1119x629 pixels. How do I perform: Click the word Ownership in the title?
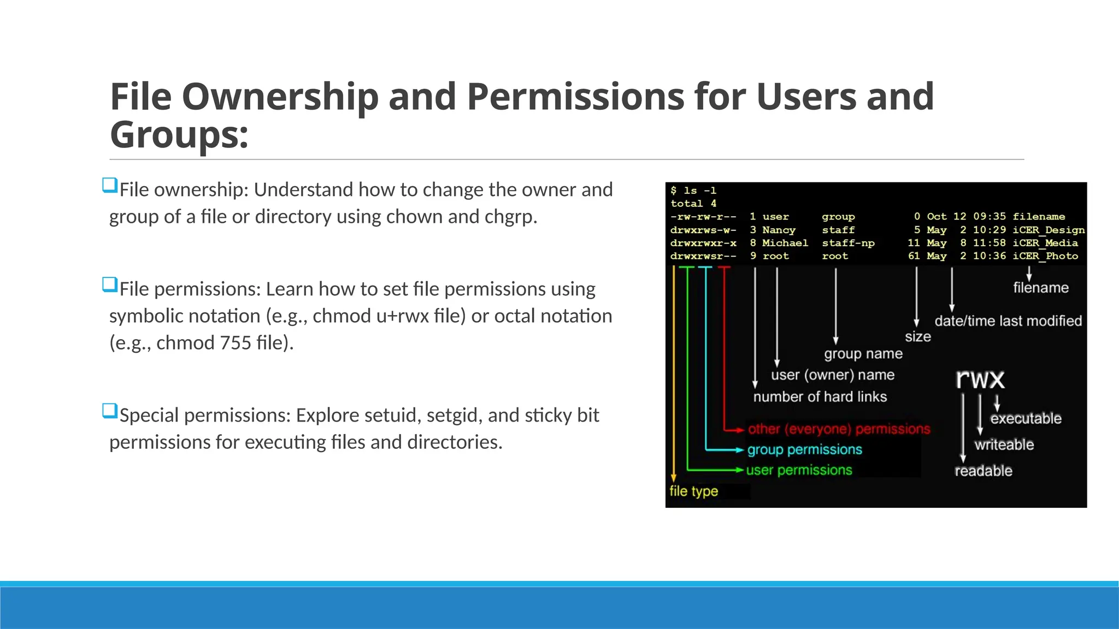(280, 97)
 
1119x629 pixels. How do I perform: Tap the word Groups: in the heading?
(179, 135)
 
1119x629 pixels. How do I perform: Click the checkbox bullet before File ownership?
(110, 186)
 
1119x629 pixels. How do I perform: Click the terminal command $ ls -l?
(693, 191)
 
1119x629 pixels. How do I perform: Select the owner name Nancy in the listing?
(779, 230)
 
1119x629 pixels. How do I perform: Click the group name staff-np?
(848, 243)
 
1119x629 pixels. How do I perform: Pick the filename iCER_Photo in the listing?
(1045, 256)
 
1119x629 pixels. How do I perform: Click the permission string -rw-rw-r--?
(703, 217)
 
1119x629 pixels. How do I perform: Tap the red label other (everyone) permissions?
(839, 429)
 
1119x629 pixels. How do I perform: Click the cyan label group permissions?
(804, 450)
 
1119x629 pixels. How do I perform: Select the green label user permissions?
(799, 470)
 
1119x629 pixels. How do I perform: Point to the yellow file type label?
(693, 491)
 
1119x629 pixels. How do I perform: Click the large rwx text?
(980, 379)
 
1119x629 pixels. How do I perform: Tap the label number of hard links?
(820, 397)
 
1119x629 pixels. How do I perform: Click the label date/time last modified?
(1008, 321)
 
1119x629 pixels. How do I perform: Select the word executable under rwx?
(1026, 419)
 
